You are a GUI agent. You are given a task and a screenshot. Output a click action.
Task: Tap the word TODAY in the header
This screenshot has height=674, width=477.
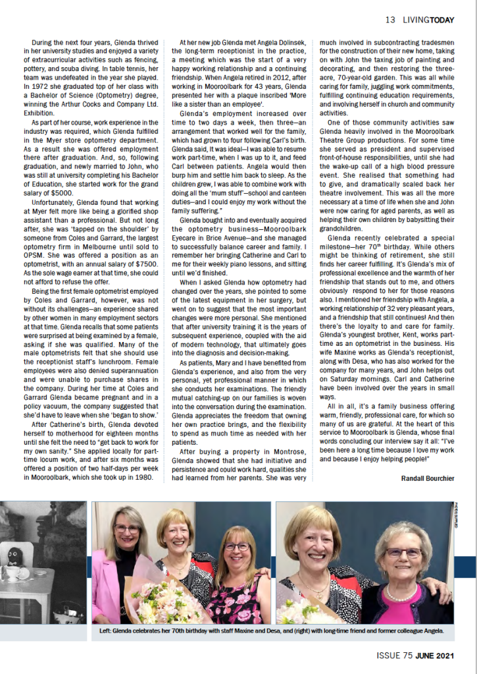pos(454,20)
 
